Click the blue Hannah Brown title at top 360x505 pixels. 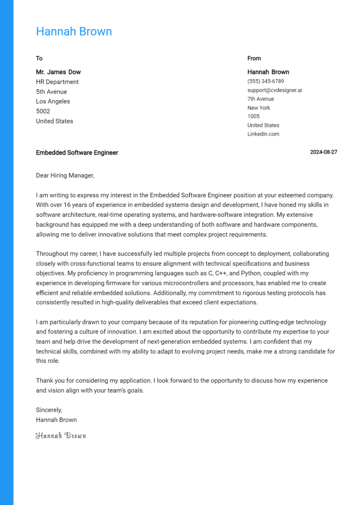coord(74,31)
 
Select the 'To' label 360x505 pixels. coord(39,59)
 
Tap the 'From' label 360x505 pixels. coord(254,59)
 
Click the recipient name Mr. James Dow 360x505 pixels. coord(58,72)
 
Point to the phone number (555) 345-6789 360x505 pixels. coord(265,81)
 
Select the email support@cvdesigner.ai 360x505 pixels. coord(275,90)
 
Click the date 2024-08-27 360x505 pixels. coord(323,152)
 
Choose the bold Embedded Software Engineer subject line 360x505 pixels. coord(77,153)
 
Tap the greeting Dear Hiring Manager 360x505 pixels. coord(65,176)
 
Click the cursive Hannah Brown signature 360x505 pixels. coord(61,436)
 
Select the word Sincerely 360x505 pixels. coord(49,410)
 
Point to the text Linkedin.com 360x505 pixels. coord(263,134)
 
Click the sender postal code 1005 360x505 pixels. coord(253,116)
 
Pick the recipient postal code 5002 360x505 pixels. coord(43,111)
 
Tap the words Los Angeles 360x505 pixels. coord(53,101)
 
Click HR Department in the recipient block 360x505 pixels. coord(57,82)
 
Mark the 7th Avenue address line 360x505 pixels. coord(261,99)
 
